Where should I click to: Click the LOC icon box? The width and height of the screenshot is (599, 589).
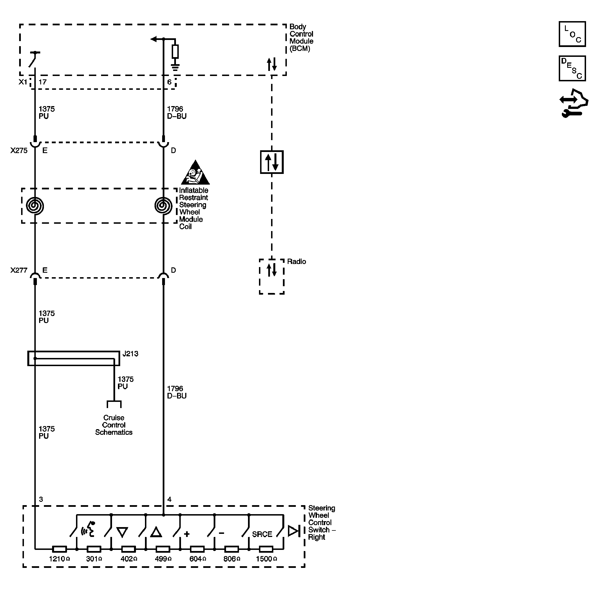coord(572,34)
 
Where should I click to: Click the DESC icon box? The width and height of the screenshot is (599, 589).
coord(572,68)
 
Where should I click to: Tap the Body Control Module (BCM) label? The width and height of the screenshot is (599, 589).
coord(301,37)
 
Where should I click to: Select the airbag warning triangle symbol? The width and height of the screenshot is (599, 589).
coord(195,174)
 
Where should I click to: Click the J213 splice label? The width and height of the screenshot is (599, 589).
coord(130,353)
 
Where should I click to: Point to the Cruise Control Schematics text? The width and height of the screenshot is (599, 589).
coord(113,425)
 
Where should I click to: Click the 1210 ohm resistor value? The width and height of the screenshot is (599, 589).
coord(59,559)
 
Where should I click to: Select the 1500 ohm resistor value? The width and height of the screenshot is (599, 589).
coord(266,559)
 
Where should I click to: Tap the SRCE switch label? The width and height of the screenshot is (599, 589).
coord(262,534)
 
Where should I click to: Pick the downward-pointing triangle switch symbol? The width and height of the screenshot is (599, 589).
coord(122,532)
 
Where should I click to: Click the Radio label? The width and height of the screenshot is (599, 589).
coord(296,261)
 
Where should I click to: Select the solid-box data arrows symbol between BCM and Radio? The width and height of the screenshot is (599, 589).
coord(271,162)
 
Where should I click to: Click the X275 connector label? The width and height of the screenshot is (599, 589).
coord(19,151)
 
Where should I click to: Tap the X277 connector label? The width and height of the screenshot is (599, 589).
coord(19,270)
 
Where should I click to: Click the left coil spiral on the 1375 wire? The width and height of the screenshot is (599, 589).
coord(35,206)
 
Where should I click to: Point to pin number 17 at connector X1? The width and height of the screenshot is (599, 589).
coord(43,82)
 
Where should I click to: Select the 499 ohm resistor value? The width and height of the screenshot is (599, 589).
coord(163,559)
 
